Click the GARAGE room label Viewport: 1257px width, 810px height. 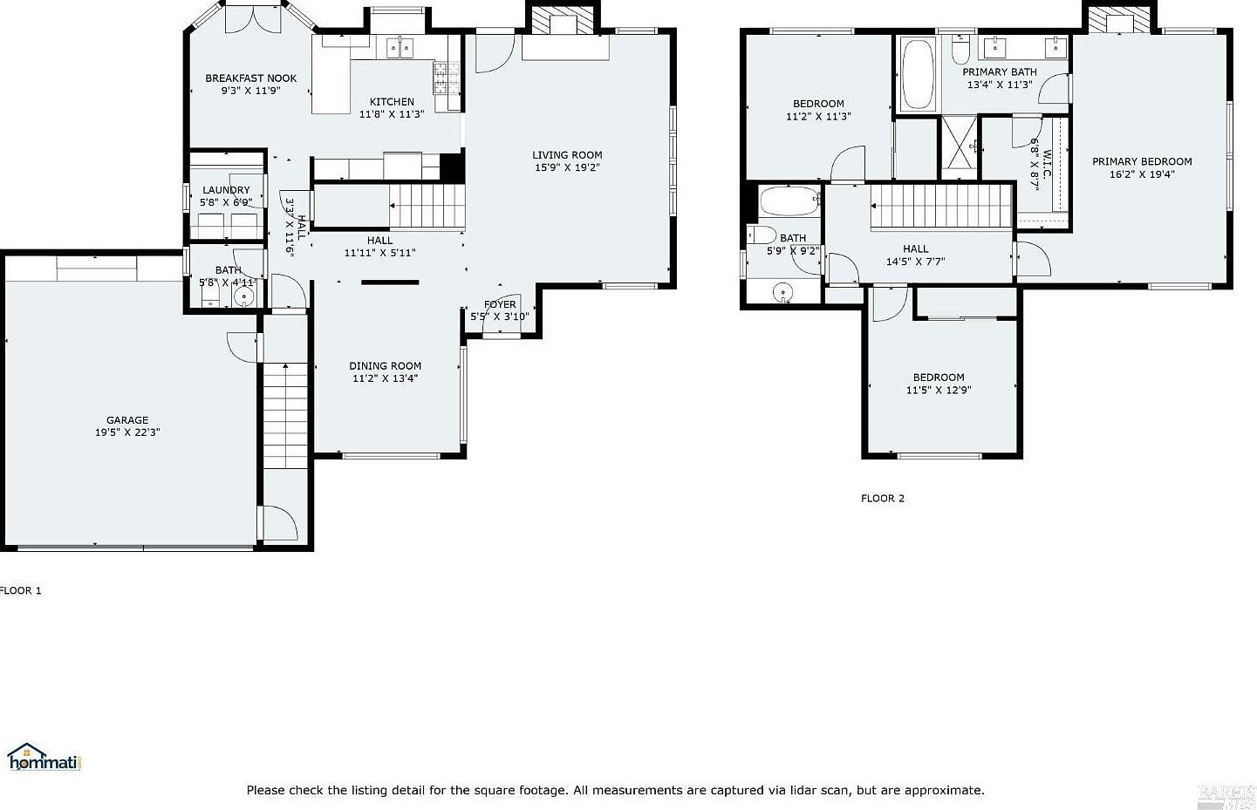(x=127, y=420)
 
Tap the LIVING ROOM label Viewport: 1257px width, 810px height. (x=567, y=155)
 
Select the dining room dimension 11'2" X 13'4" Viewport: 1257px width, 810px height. (x=385, y=378)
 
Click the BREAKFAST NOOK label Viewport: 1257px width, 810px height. (x=250, y=78)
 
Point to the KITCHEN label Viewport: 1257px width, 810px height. (x=392, y=102)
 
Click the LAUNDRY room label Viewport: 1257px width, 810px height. (x=226, y=190)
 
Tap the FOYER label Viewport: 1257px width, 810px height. (x=500, y=304)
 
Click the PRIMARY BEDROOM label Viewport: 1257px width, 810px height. (x=1142, y=161)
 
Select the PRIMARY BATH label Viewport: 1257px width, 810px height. (x=1000, y=72)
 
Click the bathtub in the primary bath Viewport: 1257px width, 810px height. (x=917, y=73)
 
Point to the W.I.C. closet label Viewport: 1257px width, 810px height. (x=1046, y=156)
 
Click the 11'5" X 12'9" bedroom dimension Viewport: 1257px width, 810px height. (x=939, y=391)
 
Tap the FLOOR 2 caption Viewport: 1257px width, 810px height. (x=883, y=499)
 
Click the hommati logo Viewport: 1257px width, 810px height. (x=44, y=758)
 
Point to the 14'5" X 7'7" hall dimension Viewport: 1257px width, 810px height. (x=915, y=262)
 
